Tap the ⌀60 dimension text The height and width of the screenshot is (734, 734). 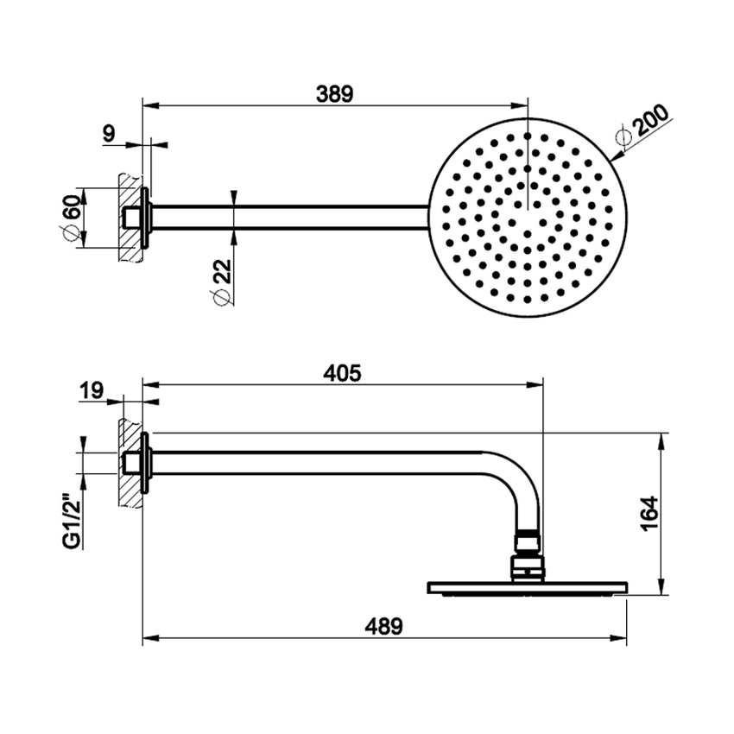72,218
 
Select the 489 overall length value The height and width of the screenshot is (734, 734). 383,627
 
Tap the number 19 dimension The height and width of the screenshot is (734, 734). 91,391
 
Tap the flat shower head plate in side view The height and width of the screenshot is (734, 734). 527,589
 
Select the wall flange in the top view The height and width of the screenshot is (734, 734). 147,217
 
